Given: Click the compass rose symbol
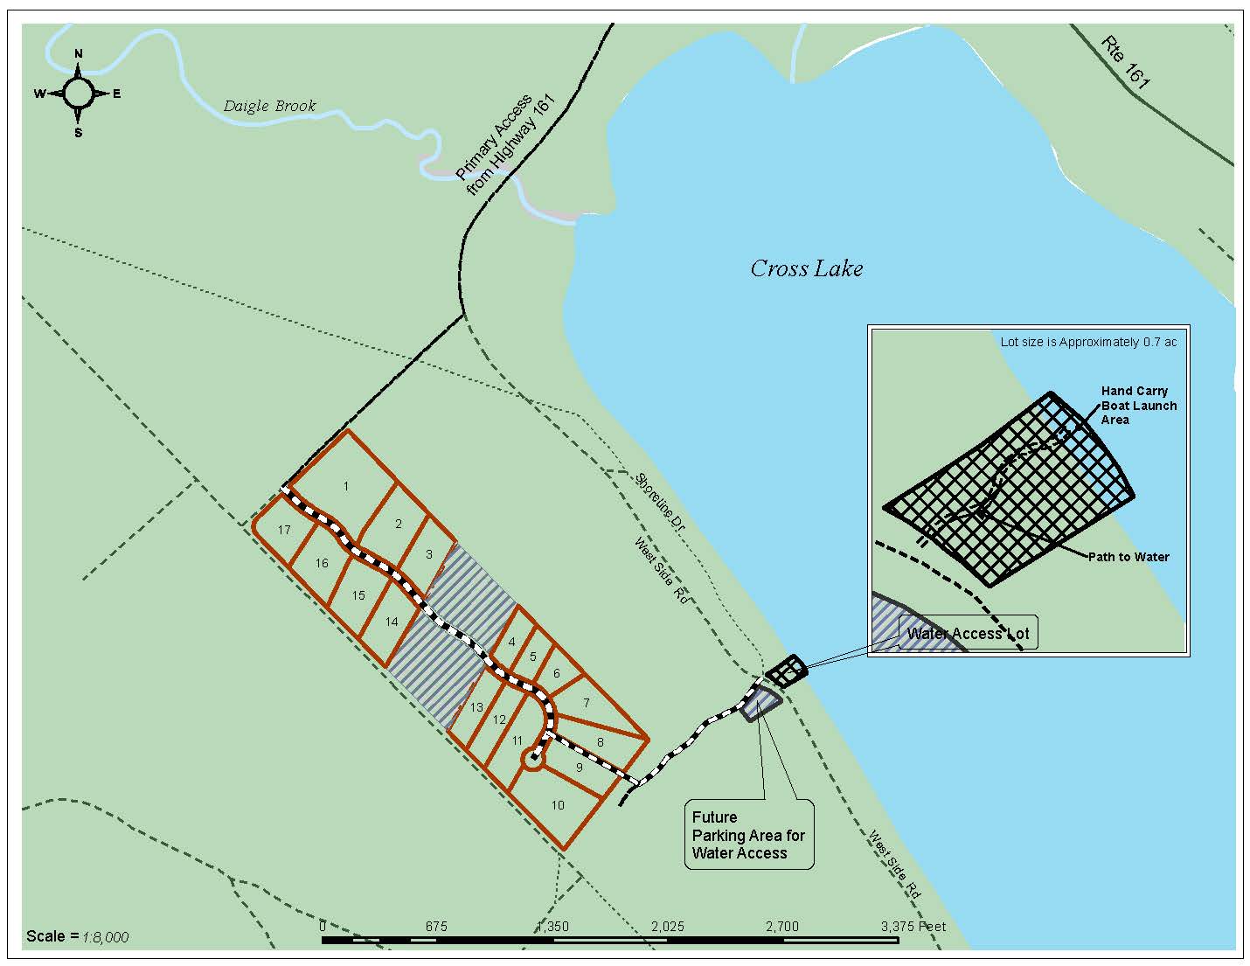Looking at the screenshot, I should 78,93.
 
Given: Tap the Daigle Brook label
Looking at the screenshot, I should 269,106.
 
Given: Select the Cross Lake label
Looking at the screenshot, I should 806,268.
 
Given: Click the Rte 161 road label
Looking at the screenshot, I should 1126,62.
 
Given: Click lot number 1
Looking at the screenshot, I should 346,486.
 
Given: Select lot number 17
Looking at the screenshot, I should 284,530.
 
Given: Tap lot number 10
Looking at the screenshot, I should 558,805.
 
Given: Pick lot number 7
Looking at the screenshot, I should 587,703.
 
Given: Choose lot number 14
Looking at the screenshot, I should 392,622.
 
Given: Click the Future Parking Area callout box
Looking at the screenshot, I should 748,835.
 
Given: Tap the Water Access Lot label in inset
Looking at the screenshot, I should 968,633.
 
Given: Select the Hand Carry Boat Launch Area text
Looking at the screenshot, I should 1138,406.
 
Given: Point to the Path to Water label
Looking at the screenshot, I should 1128,557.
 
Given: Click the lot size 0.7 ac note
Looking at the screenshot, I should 1088,342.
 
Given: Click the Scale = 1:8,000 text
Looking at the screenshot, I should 77,936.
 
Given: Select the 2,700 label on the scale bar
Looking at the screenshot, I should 781,926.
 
